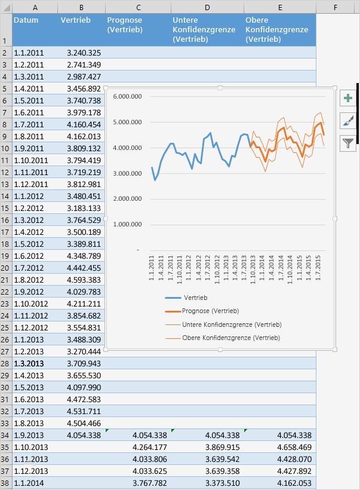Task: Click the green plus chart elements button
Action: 347,99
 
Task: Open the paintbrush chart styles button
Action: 347,121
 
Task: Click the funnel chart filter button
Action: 347,143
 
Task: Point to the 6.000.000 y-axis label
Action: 127,96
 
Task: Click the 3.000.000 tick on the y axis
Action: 127,173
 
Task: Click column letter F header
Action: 336,7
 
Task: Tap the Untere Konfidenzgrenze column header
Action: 206,29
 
